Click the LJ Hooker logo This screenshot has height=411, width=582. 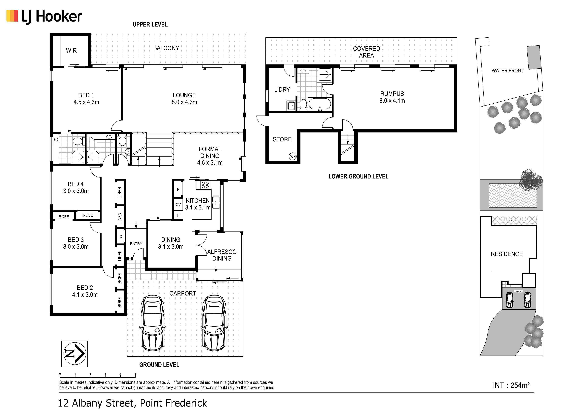point(44,16)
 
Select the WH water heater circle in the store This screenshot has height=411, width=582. point(293,156)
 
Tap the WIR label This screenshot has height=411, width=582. point(71,50)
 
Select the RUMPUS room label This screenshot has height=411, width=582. point(392,94)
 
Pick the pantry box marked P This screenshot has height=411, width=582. point(178,189)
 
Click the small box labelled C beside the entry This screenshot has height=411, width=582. point(121,236)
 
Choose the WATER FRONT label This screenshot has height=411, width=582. point(508,71)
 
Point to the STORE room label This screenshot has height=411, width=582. point(282,139)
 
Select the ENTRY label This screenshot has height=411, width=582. point(136,244)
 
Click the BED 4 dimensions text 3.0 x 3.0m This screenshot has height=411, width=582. point(76,191)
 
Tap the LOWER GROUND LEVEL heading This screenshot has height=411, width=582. point(358,176)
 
